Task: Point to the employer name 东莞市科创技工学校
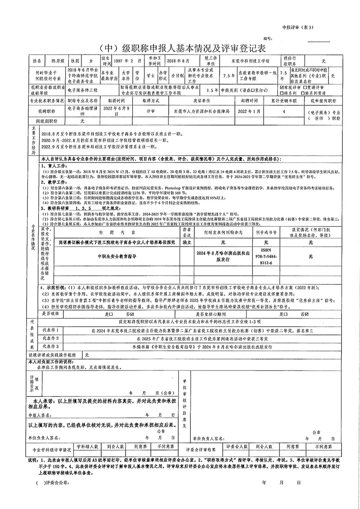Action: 250,60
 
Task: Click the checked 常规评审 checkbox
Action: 282,87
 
